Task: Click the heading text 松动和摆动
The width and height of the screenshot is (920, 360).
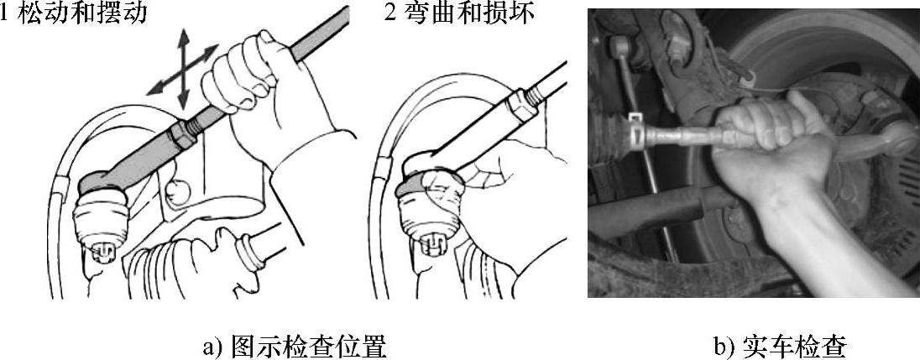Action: pos(82,13)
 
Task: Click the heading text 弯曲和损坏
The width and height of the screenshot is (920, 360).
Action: pos(470,13)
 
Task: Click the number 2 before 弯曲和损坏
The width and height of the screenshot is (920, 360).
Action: pos(391,13)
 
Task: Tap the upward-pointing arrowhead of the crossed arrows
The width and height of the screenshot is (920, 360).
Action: pos(184,35)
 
